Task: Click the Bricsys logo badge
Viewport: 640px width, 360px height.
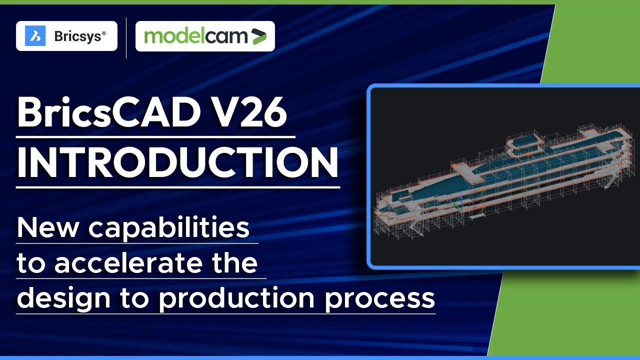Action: (66, 36)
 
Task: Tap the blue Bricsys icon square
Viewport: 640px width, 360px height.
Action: (35, 36)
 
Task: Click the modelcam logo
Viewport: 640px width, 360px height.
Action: (205, 36)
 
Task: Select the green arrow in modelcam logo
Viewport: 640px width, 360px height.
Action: (258, 36)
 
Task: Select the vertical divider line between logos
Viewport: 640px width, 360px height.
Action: (126, 37)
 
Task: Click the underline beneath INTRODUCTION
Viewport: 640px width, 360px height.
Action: (177, 187)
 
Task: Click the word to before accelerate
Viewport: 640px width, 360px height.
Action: (31, 264)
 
